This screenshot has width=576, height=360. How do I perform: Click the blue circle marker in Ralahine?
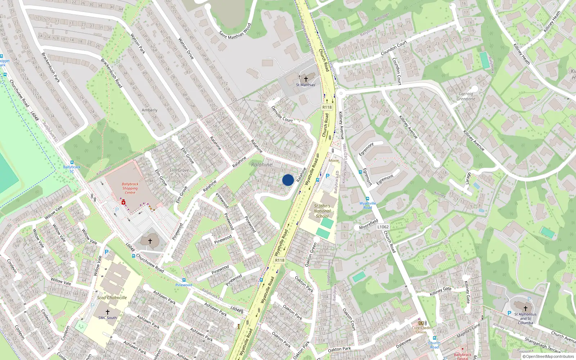[288, 180]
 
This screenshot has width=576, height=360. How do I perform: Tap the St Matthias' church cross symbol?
[306, 79]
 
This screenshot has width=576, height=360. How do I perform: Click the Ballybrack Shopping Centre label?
[130, 188]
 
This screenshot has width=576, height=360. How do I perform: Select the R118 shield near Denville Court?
[327, 107]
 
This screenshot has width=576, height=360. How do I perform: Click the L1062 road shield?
[383, 227]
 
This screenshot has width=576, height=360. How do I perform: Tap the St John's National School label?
[322, 211]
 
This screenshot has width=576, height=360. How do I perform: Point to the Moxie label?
[334, 161]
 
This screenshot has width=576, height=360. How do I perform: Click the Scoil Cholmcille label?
[112, 298]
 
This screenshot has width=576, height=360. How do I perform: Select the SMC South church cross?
[107, 312]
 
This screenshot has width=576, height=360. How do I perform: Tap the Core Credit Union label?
[421, 330]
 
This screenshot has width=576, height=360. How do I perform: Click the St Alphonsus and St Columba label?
[525, 318]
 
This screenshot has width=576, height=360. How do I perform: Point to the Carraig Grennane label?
[466, 96]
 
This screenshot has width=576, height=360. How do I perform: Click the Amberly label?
[149, 110]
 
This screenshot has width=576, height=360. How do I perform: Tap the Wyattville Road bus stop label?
[368, 205]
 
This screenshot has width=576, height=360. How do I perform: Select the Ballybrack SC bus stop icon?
[72, 162]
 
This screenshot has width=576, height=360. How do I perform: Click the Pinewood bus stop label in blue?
[184, 285]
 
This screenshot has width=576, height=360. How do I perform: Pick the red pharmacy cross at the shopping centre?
[123, 203]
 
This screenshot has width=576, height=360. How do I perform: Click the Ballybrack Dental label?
[463, 356]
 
